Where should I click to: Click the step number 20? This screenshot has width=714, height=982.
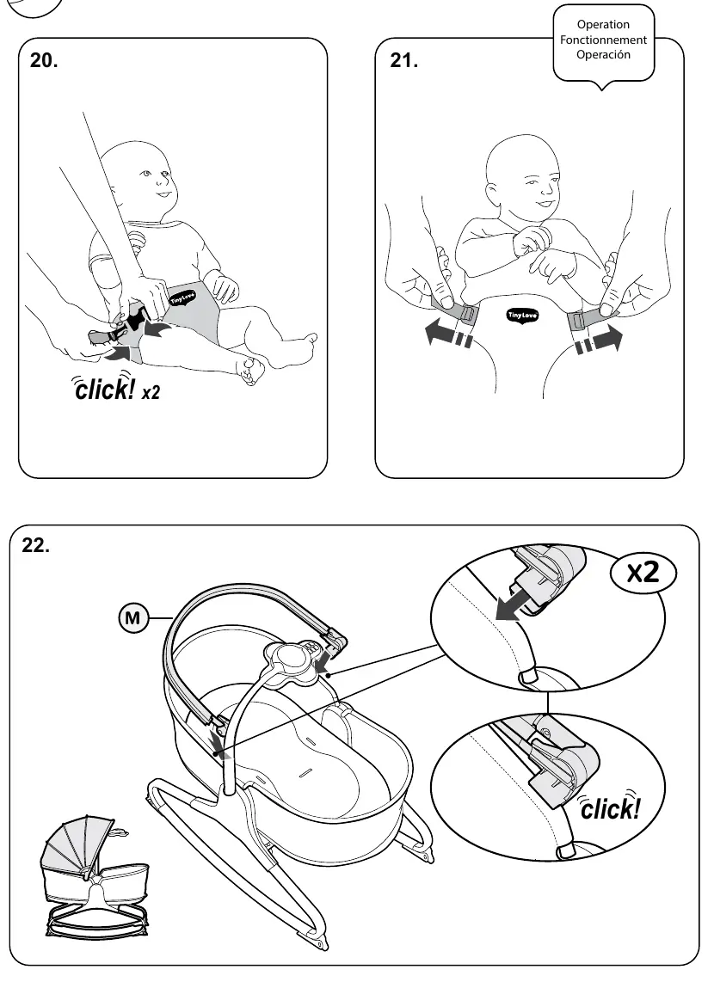tap(44, 60)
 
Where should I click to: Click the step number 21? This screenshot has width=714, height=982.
tap(404, 60)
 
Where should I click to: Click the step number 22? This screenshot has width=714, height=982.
tap(36, 545)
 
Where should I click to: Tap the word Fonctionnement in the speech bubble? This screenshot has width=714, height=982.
tap(603, 40)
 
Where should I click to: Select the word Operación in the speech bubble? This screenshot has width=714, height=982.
tap(603, 54)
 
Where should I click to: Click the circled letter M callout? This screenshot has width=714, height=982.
tap(132, 618)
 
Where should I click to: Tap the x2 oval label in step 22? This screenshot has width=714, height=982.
tap(643, 571)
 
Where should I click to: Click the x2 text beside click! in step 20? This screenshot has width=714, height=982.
tap(151, 392)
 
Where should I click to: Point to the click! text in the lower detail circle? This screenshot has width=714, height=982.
tap(609, 807)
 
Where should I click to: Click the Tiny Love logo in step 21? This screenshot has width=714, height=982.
tap(521, 315)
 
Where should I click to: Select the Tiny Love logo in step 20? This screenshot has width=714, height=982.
tap(183, 298)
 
